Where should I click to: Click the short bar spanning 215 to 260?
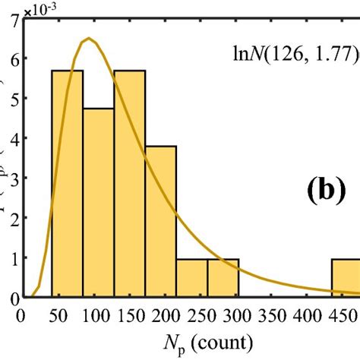(x=192, y=278)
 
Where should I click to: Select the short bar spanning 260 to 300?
(x=223, y=278)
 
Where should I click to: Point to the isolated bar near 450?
(x=346, y=278)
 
